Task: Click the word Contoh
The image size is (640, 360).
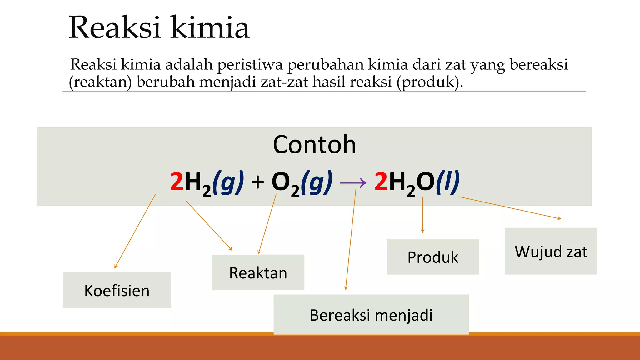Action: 314,144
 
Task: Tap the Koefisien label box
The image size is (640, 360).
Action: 117,290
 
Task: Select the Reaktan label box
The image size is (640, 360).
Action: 258,272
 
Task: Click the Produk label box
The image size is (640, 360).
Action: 433,257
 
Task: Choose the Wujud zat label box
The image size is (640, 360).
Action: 551,251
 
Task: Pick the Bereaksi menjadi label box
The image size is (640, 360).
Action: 371,315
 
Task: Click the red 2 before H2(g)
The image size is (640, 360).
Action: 177,182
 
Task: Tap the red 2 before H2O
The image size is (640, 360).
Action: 381,182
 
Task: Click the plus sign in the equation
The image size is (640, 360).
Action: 257,182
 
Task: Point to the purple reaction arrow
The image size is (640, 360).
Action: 353,183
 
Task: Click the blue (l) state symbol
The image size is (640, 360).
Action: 447,182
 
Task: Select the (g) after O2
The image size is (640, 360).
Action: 316,182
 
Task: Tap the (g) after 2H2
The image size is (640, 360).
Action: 228,182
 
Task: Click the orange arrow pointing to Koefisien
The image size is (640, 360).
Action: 135,231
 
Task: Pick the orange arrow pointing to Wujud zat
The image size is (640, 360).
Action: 509,208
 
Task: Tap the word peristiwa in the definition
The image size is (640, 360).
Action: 250,65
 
